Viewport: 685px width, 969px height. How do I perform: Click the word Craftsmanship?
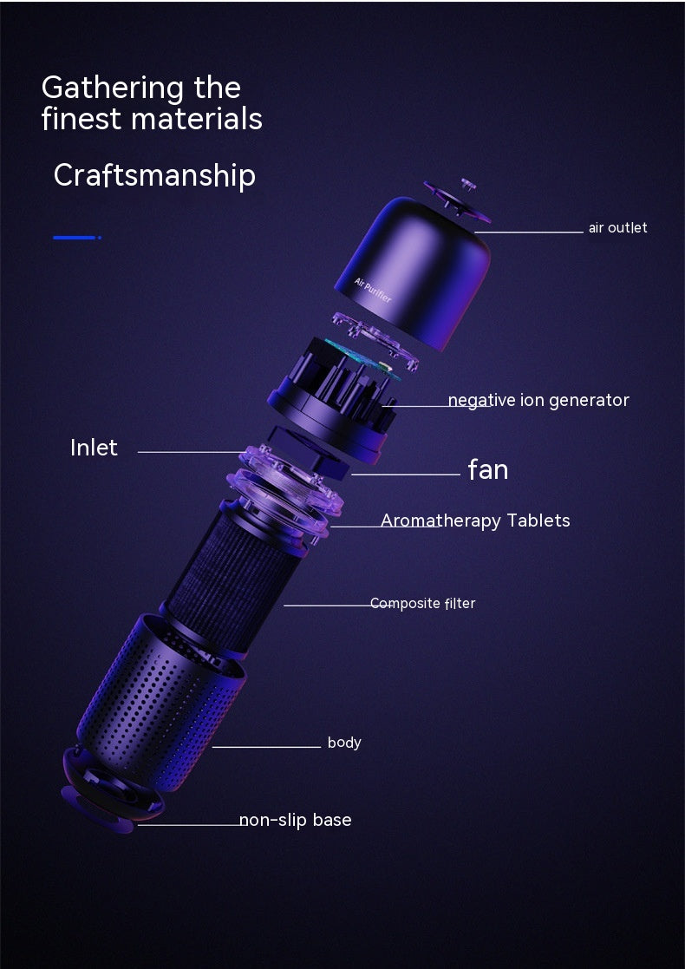(x=154, y=175)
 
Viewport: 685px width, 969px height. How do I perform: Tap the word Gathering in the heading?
(x=112, y=89)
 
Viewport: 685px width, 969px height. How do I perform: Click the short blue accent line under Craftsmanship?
(x=76, y=238)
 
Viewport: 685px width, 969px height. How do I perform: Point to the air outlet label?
(x=617, y=227)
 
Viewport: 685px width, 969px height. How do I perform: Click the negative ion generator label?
(x=538, y=401)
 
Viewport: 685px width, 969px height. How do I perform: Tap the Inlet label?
(x=94, y=448)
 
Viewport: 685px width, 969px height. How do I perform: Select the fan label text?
(x=488, y=469)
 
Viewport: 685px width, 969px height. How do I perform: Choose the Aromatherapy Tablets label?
(x=475, y=521)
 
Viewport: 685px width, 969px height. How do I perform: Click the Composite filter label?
(x=423, y=603)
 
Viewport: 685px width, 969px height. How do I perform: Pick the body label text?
(x=344, y=742)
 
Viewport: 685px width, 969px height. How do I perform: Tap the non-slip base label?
(x=296, y=820)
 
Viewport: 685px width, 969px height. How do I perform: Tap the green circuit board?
(x=362, y=358)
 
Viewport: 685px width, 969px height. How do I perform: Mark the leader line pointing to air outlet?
(x=529, y=232)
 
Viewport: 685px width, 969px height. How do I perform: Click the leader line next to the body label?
(x=267, y=747)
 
